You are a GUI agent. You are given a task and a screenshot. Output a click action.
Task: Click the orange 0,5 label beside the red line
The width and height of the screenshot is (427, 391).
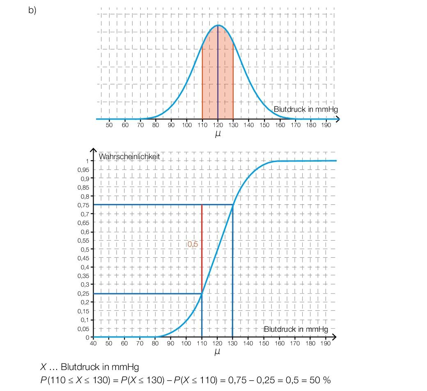coord(193,244)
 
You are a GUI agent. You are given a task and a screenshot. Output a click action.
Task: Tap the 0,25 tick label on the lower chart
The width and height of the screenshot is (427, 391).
coord(84,293)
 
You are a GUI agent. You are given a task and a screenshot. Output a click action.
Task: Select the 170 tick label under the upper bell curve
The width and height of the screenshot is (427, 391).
coord(296,125)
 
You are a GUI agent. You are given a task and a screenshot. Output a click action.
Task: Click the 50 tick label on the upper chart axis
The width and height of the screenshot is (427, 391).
coord(109,125)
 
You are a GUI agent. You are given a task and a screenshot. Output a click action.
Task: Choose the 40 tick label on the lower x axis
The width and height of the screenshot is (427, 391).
coord(93,343)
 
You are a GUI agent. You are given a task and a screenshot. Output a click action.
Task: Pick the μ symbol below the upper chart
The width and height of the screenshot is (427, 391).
coord(218,133)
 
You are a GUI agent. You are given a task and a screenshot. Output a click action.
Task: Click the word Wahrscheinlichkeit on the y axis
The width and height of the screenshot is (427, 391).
coord(129,156)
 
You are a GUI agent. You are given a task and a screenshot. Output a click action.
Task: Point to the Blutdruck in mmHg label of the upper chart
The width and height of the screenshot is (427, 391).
coord(305,109)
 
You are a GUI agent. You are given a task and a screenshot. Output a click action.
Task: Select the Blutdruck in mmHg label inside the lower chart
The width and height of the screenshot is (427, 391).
coord(296,329)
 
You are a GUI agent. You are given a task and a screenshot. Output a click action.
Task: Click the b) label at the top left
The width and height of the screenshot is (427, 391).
coord(32,10)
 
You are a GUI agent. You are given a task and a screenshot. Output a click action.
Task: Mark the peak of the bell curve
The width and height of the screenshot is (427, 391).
coord(218,25)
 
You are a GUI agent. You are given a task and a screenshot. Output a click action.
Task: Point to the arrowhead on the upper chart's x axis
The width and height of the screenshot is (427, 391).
coord(337,119)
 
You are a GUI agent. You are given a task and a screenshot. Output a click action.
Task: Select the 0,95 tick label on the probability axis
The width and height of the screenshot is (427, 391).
coord(84,169)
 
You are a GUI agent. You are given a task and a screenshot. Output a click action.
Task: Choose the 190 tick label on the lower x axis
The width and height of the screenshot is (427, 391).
coord(325,343)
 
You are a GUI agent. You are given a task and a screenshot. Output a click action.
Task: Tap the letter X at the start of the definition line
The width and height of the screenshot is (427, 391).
coord(43,367)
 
